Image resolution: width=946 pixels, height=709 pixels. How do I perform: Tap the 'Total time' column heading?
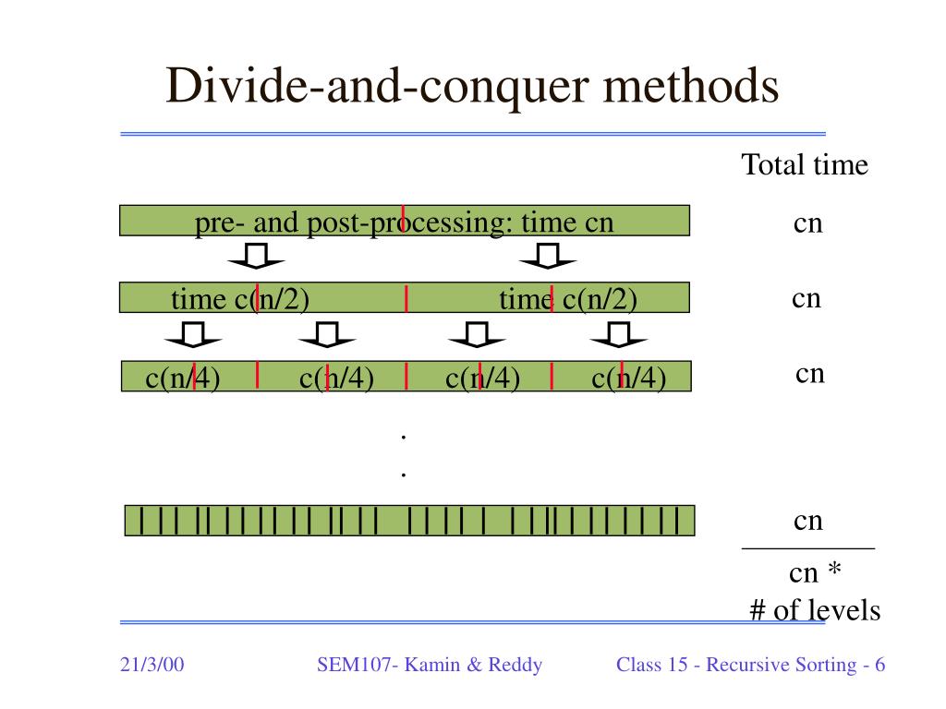pyautogui.click(x=805, y=165)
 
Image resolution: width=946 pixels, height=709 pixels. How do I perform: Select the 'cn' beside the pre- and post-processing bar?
pyautogui.click(x=807, y=223)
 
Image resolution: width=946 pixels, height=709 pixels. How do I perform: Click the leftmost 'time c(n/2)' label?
pyautogui.click(x=239, y=299)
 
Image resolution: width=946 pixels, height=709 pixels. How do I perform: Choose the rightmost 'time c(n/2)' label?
pyautogui.click(x=568, y=299)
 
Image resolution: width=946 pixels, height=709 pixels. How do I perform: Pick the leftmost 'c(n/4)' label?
pyautogui.click(x=183, y=378)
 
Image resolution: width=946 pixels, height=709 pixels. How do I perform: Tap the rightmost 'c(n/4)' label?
pyautogui.click(x=628, y=378)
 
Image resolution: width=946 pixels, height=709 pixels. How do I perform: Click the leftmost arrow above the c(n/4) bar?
pyautogui.click(x=193, y=336)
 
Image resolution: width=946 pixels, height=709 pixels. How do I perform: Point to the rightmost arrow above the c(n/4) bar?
pyautogui.click(x=619, y=336)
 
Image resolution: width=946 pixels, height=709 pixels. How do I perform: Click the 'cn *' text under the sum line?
pyautogui.click(x=815, y=573)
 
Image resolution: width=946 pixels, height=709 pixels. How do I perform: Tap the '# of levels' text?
pyautogui.click(x=815, y=610)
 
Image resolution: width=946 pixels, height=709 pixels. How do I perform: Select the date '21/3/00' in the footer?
pyautogui.click(x=152, y=665)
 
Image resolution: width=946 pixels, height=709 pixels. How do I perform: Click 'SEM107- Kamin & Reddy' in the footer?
pyautogui.click(x=430, y=665)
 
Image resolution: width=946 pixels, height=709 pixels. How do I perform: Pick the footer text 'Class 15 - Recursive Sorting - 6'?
pyautogui.click(x=751, y=665)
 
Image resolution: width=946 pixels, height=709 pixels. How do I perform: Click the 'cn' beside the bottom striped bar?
pyautogui.click(x=807, y=521)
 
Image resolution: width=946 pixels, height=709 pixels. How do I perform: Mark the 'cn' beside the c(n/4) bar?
pyautogui.click(x=809, y=373)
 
